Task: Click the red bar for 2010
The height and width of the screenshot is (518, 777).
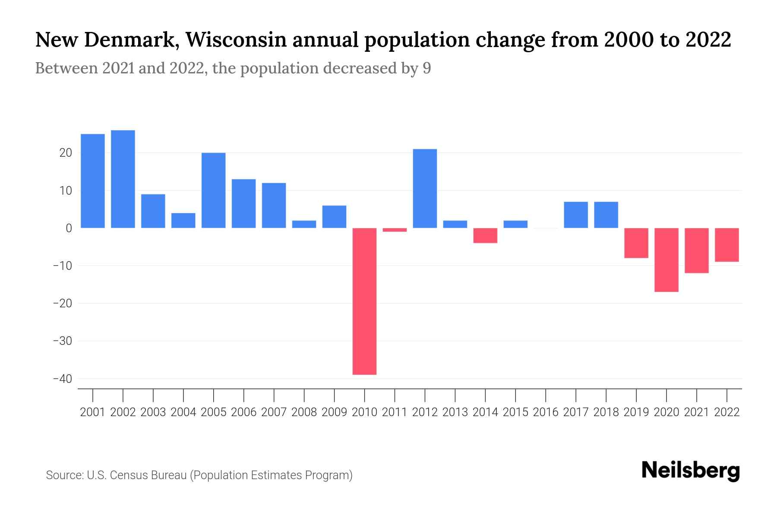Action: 364,301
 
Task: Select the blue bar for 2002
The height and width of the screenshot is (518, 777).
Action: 123,179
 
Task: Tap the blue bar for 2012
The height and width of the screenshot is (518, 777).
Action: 425,189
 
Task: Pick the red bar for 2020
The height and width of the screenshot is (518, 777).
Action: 666,260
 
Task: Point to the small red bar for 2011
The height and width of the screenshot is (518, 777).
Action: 395,230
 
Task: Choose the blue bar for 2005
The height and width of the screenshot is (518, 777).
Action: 214,190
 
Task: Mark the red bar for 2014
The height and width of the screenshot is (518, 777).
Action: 485,235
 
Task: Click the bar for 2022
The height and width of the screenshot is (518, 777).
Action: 726,245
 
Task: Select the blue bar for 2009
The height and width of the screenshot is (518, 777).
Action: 334,217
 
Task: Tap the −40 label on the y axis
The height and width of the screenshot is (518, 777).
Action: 62,379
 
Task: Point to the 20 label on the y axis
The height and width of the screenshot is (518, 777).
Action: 66,153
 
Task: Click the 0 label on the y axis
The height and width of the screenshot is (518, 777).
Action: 69,228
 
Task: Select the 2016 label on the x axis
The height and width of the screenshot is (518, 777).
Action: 546,412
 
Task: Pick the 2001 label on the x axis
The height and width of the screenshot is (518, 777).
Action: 93,412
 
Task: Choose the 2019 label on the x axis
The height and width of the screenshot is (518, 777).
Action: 636,412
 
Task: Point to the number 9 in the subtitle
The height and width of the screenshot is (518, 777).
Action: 426,69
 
